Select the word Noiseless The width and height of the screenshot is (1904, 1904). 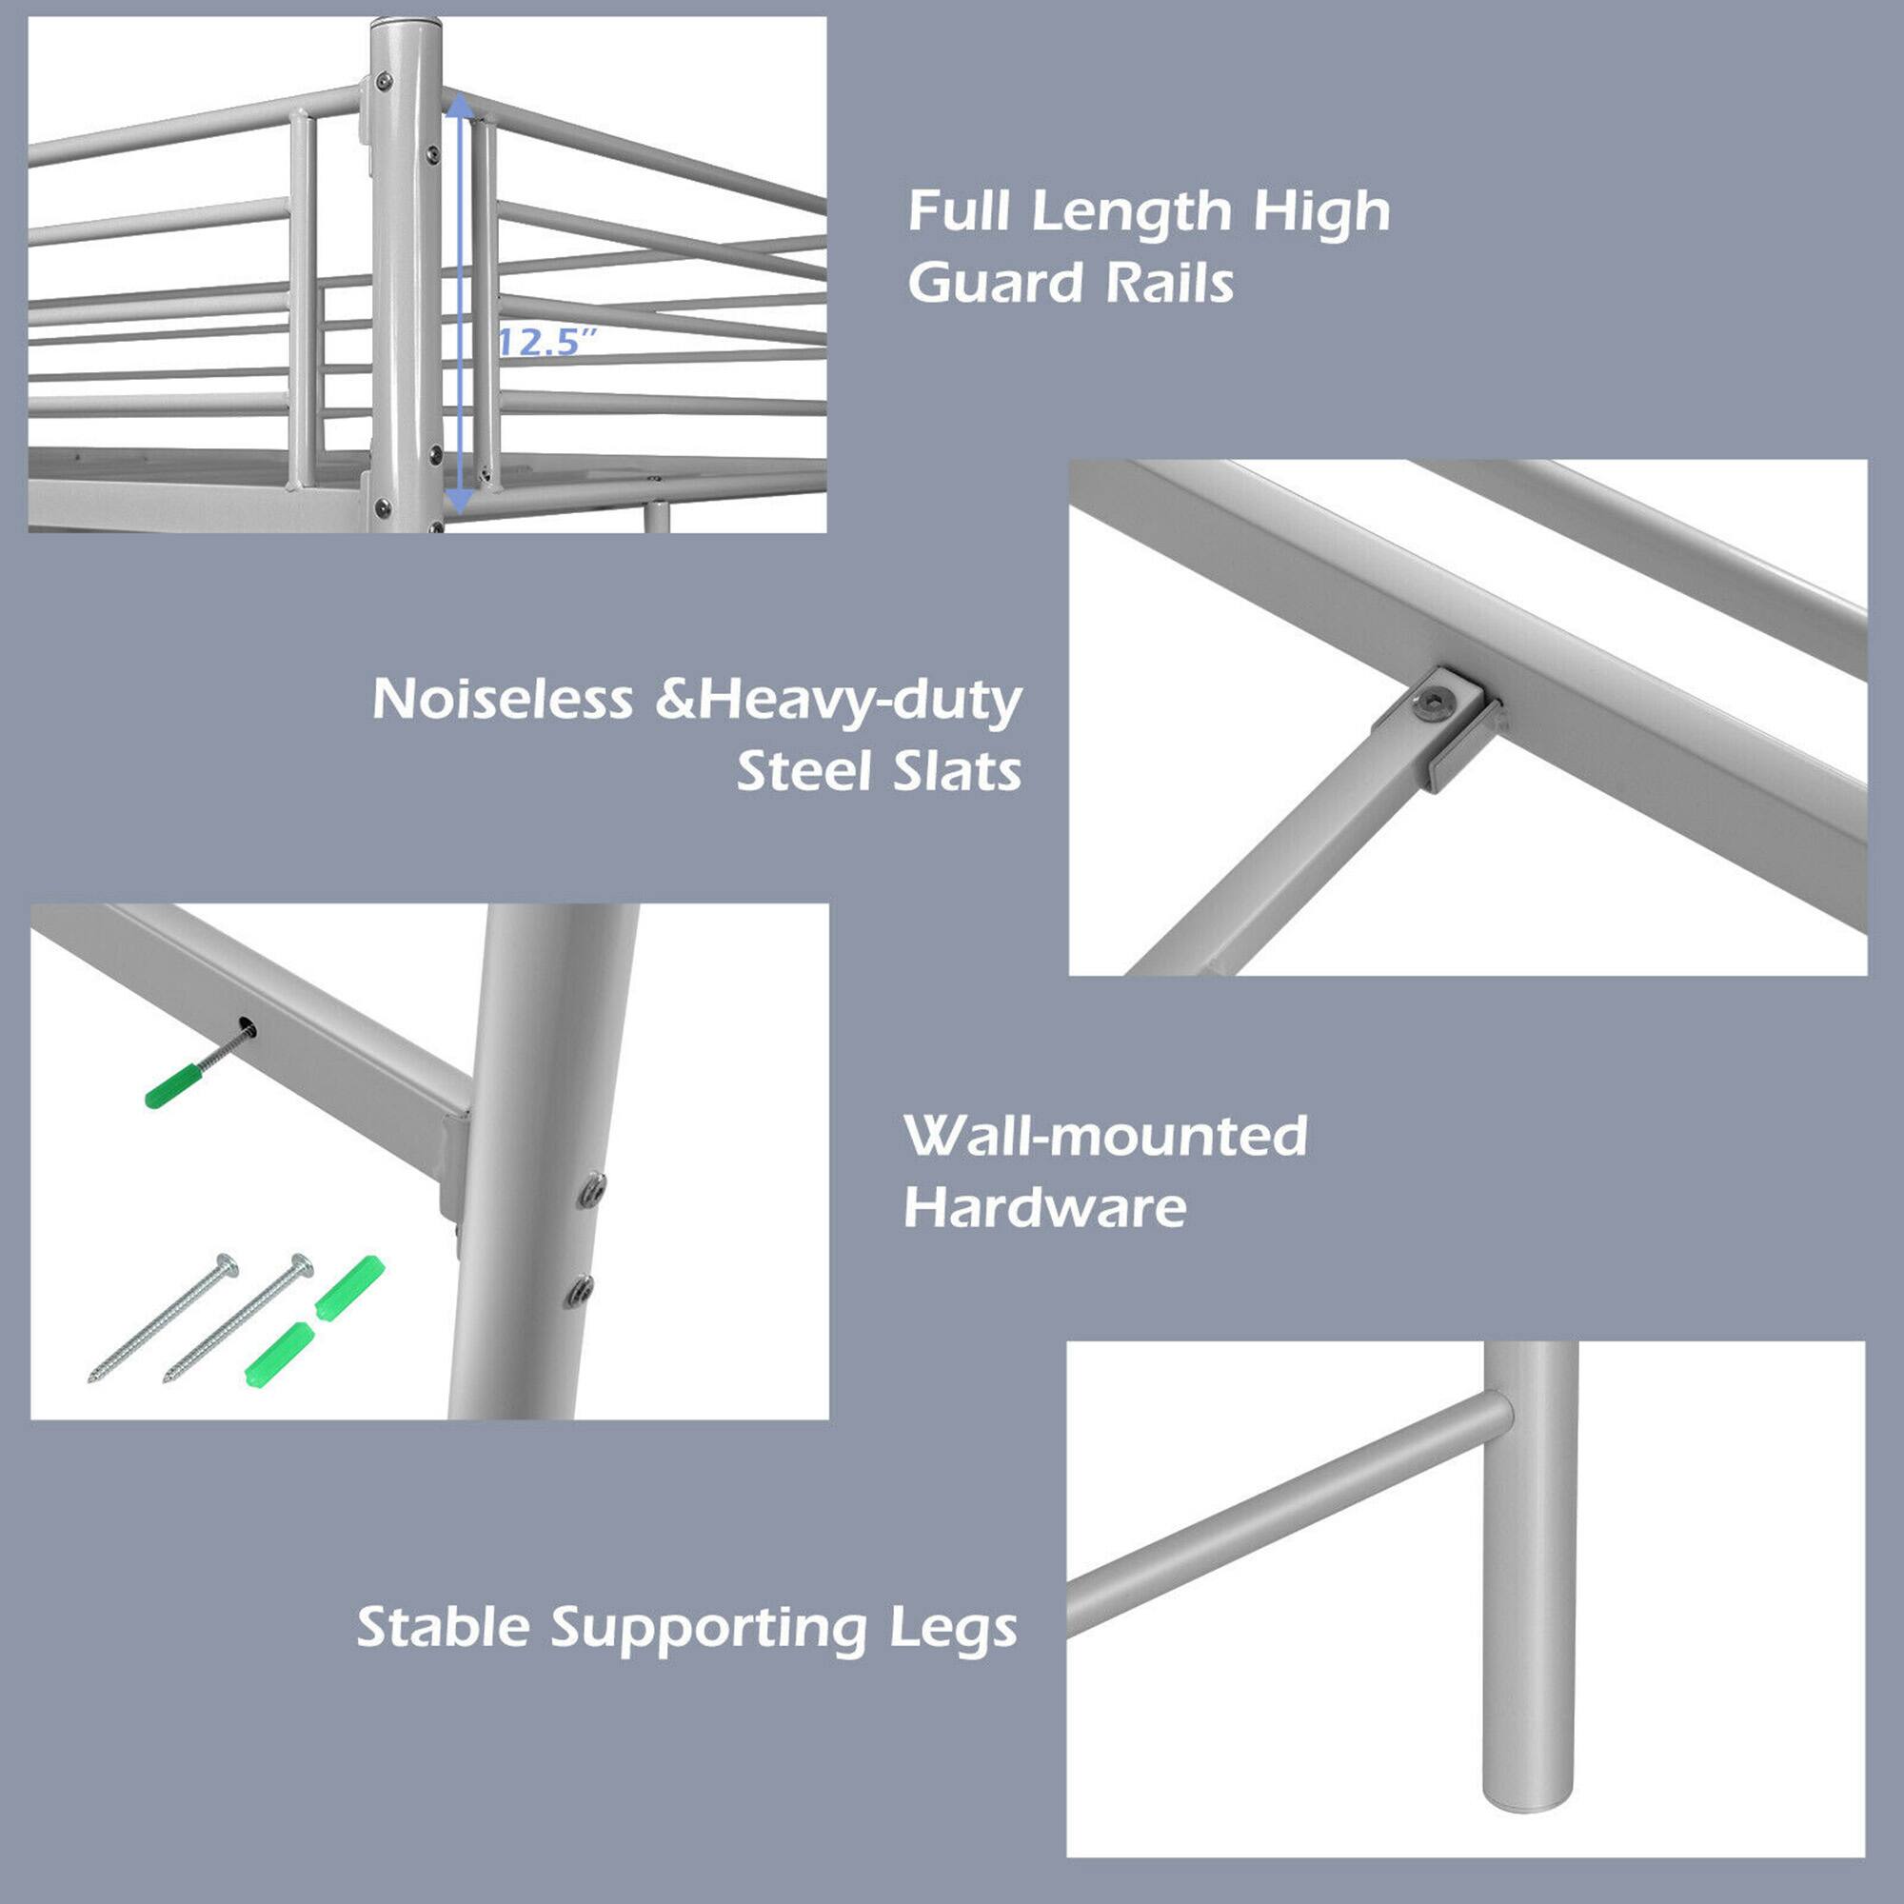click(x=502, y=700)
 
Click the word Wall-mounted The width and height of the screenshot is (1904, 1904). click(x=1104, y=1136)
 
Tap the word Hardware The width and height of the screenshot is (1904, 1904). click(x=1044, y=1207)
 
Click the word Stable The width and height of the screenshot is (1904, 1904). click(x=444, y=1627)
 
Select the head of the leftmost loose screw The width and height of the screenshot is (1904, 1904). click(x=228, y=1264)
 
